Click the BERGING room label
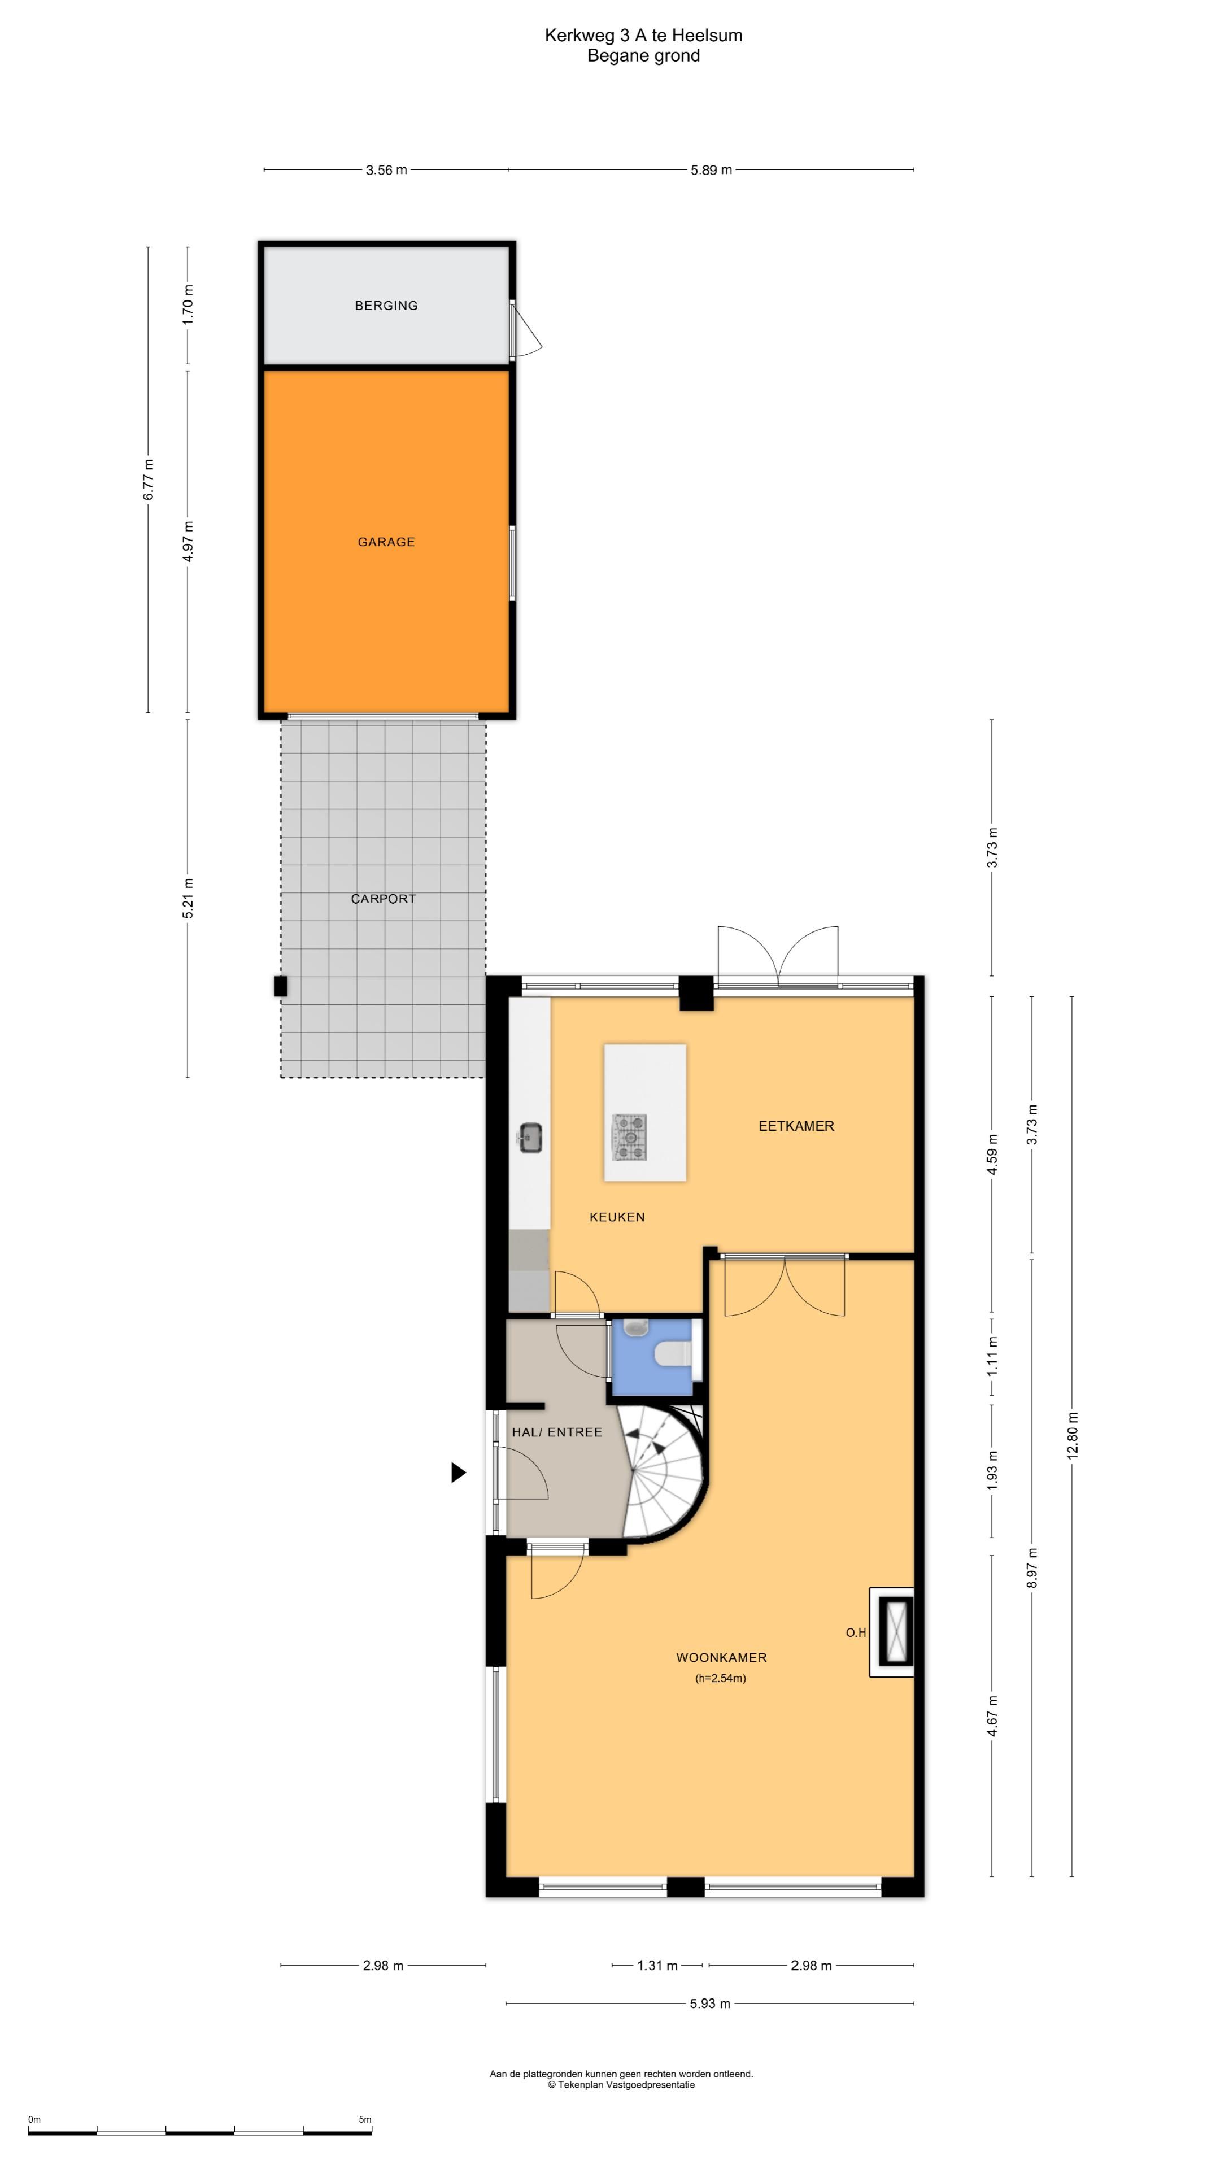(386, 306)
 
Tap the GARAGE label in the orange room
(386, 542)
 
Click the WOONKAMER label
(722, 1657)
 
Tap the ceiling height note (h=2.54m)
(721, 1678)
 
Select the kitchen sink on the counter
(530, 1138)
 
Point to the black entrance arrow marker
(459, 1472)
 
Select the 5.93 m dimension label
(710, 2004)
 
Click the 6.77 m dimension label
(148, 480)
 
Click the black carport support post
(280, 986)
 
